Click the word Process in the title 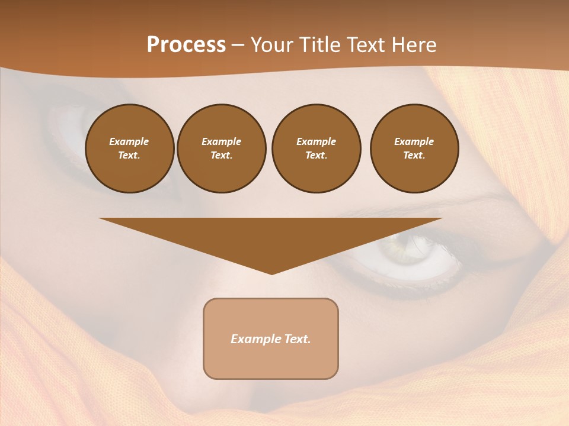pyautogui.click(x=186, y=45)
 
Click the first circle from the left pyautogui.click(x=130, y=149)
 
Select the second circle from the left pyautogui.click(x=222, y=149)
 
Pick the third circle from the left pyautogui.click(x=316, y=149)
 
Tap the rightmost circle pyautogui.click(x=414, y=149)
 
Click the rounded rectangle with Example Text pyautogui.click(x=271, y=338)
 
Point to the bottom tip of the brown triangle pyautogui.click(x=271, y=273)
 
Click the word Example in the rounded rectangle pyautogui.click(x=255, y=339)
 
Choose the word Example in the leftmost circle pyautogui.click(x=129, y=142)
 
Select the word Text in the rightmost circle pyautogui.click(x=414, y=156)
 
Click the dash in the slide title pyautogui.click(x=238, y=45)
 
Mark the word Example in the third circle pyautogui.click(x=316, y=142)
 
